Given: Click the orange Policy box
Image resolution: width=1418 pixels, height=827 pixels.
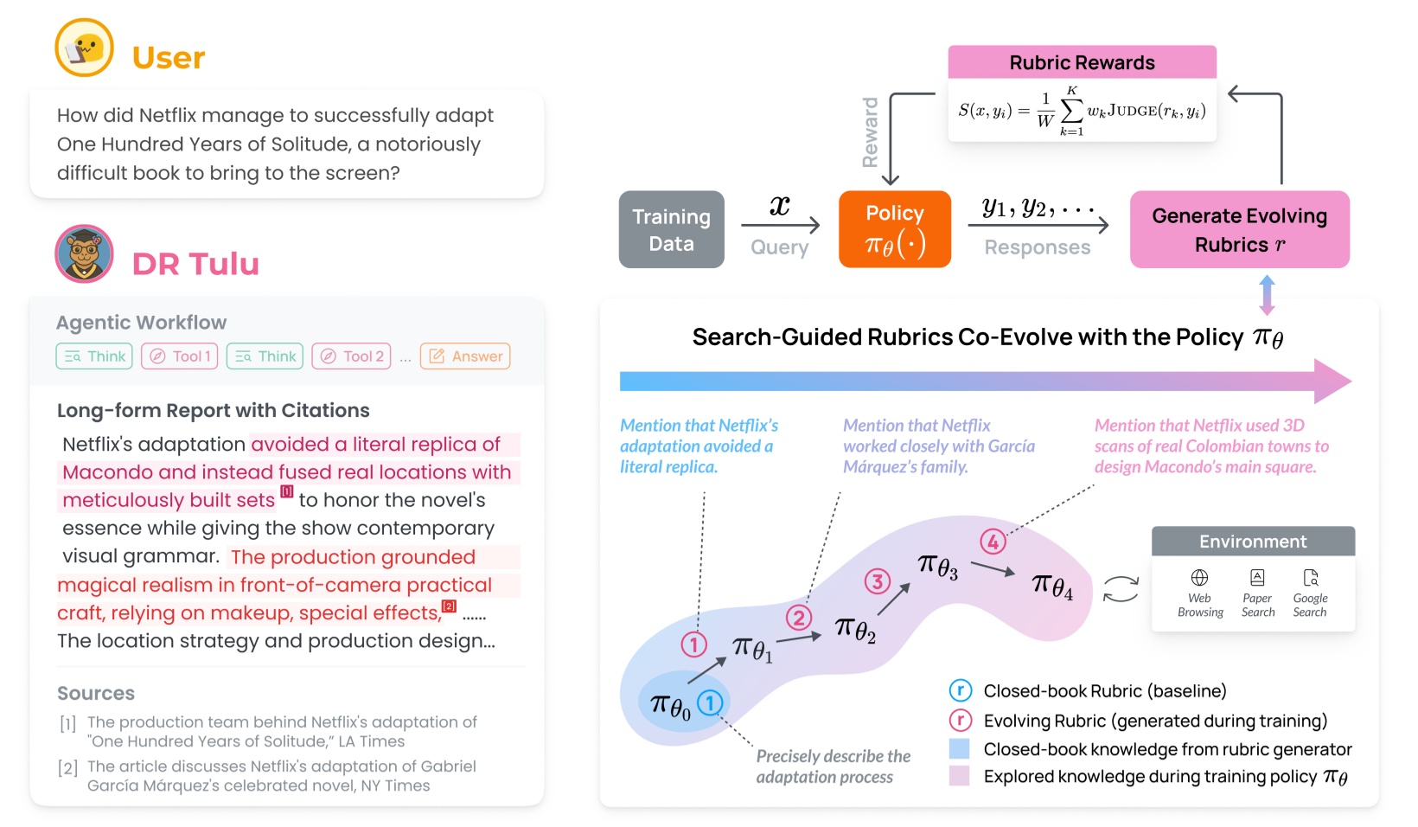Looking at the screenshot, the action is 895,229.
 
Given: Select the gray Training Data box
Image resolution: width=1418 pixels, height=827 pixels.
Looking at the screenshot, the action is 671,229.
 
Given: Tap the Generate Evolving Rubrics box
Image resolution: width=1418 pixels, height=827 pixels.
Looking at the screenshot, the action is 1239,229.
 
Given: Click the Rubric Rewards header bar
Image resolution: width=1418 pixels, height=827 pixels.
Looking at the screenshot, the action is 1082,62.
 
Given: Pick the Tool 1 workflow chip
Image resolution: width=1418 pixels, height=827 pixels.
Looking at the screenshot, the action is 179,356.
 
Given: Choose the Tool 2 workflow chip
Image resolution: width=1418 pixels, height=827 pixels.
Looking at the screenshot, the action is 351,356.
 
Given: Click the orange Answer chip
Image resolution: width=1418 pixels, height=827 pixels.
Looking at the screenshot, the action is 465,356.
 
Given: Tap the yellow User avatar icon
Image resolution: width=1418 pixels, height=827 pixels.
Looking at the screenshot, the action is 84,48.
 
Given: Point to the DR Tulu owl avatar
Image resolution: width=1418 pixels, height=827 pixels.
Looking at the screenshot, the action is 84,253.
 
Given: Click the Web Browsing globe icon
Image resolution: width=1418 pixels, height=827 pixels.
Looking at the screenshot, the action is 1199,578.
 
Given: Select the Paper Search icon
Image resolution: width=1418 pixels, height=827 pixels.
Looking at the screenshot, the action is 1257,578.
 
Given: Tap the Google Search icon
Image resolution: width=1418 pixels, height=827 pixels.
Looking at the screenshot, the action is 1311,578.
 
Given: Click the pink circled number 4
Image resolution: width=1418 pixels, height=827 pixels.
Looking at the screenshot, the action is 993,542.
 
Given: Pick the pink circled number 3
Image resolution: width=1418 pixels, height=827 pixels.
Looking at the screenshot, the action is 878,581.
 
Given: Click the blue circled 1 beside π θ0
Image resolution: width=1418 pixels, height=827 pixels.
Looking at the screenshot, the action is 710,702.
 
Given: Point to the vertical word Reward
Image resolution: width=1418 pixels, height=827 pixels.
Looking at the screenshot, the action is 870,132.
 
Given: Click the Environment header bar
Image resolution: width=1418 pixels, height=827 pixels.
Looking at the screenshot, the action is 1253,542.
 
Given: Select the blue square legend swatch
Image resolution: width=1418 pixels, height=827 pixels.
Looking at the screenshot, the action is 959,749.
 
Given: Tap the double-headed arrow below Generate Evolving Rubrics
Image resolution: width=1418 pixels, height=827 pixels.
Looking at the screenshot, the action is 1267,295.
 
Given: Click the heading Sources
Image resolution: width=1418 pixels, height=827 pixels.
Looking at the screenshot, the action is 96,693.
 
